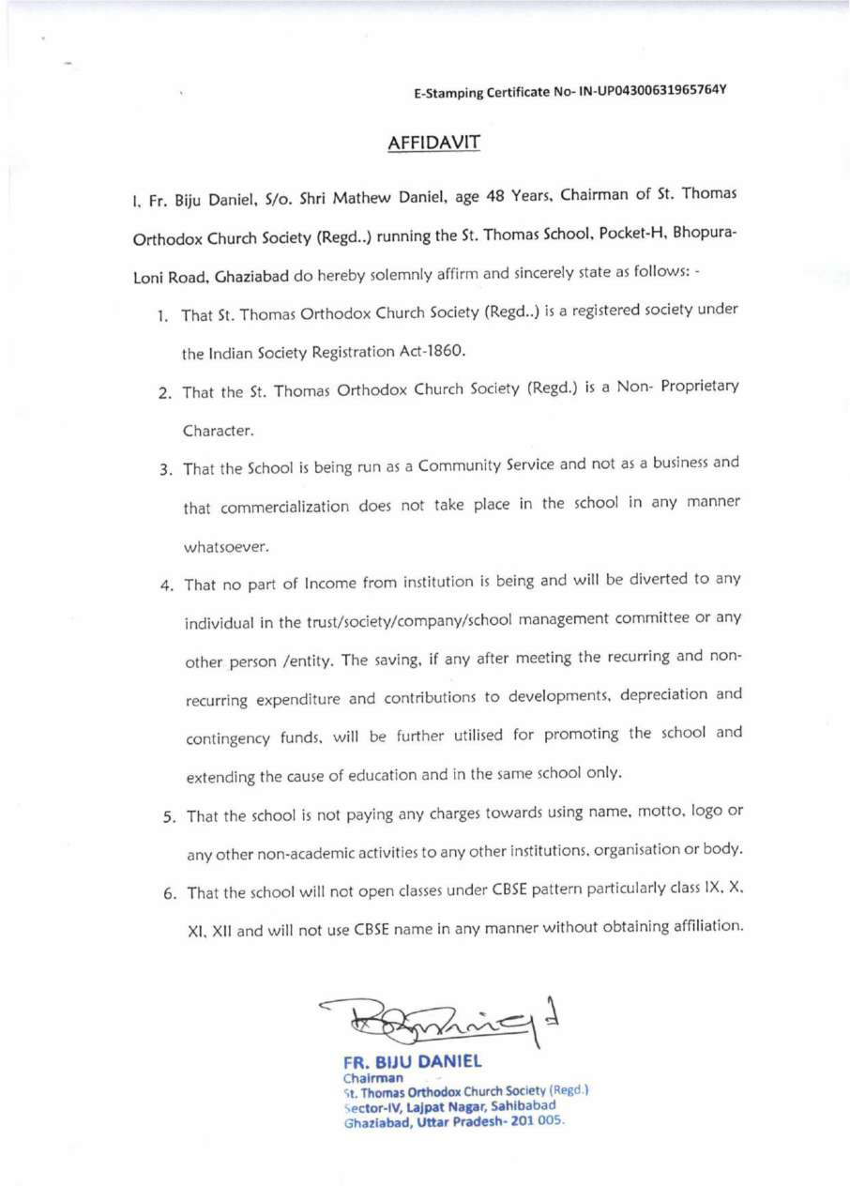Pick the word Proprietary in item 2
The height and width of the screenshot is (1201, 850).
coord(692,389)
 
